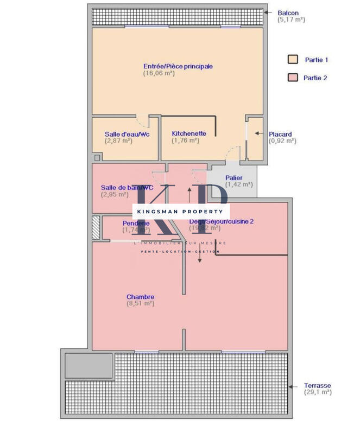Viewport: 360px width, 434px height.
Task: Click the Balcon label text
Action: pos(288,13)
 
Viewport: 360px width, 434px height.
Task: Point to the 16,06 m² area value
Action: pos(159,73)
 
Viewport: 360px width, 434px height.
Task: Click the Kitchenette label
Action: pos(188,133)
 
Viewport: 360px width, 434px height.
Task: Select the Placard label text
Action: pos(280,135)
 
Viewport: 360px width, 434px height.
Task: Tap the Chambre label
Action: pos(140,297)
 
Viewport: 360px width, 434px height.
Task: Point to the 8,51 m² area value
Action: pos(140,304)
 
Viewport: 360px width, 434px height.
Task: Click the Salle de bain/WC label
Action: pos(124,188)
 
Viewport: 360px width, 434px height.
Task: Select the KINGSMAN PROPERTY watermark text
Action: pos(181,210)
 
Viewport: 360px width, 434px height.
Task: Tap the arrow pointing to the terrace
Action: pos(293,387)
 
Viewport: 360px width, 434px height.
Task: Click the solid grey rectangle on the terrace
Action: pos(89,365)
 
